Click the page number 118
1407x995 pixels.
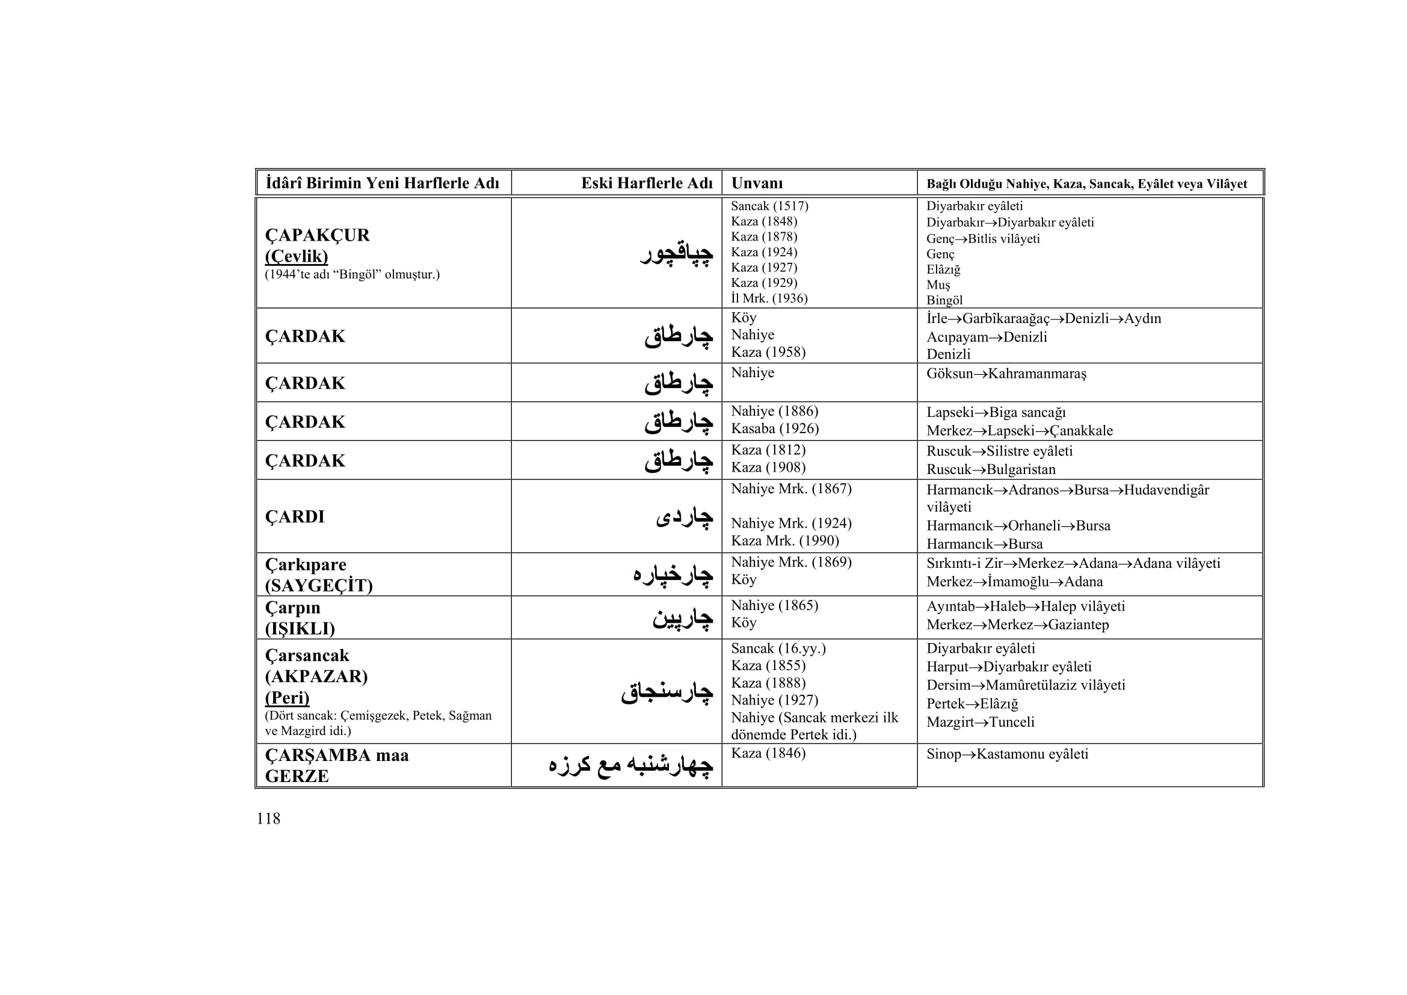tap(268, 819)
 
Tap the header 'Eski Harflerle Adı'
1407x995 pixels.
tap(647, 183)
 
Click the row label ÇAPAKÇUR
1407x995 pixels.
tap(317, 235)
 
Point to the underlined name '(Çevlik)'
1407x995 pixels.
tap(296, 256)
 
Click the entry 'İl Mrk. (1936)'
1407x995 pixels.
tap(769, 298)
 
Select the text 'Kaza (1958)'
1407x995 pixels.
tap(768, 353)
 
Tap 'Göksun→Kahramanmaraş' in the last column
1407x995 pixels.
tap(1006, 374)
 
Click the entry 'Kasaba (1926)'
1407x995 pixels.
tap(775, 429)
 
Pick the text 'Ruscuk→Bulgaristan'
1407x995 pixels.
tap(991, 470)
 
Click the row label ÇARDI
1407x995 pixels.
tap(295, 517)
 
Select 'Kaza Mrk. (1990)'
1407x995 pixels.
tap(785, 541)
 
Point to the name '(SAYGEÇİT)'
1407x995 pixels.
tap(319, 586)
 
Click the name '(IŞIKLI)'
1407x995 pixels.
tap(300, 629)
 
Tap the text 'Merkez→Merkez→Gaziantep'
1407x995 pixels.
tap(1017, 625)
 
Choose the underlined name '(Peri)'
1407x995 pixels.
tap(287, 698)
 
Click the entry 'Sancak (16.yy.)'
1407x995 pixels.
tap(778, 648)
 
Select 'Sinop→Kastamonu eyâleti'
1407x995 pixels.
tap(1007, 754)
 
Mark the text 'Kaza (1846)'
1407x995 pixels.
tap(768, 754)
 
